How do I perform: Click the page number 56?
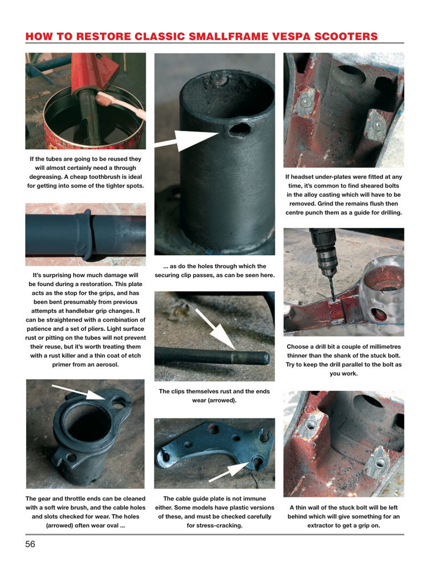tap(30, 544)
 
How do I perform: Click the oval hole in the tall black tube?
tap(240, 129)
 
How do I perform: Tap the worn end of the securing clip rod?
tap(251, 358)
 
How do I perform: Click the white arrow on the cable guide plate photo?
tap(229, 471)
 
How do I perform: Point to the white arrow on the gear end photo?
tap(79, 392)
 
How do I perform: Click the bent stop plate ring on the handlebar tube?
tap(85, 234)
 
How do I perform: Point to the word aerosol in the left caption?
tap(108, 364)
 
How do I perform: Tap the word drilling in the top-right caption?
tap(390, 213)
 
